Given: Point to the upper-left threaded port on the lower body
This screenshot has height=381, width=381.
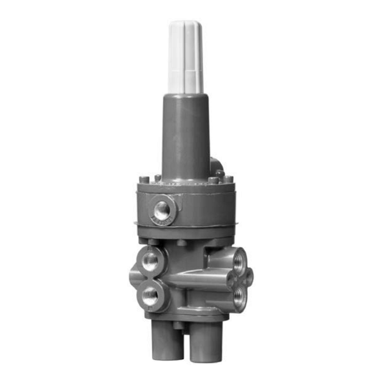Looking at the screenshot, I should coord(150,261).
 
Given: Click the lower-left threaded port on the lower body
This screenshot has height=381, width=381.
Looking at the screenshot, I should coord(150,295).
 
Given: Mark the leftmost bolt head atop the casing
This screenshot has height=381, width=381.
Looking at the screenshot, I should coord(145,179).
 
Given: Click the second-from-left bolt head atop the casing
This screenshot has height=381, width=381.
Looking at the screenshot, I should coord(157,177).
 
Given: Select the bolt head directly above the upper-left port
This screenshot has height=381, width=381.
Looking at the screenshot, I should coord(153,242).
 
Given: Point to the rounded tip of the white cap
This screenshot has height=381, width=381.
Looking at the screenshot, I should coord(185,23).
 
